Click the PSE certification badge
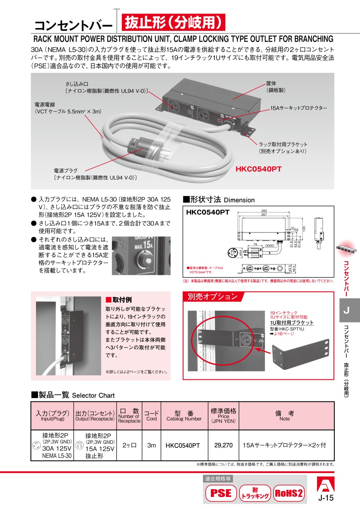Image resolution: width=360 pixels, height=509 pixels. tap(221, 492)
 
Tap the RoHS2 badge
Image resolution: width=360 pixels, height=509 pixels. tap(288, 493)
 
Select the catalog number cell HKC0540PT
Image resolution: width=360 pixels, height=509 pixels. tap(183, 445)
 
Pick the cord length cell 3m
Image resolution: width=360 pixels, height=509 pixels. tap(151, 445)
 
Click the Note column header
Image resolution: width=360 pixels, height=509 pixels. tap(285, 416)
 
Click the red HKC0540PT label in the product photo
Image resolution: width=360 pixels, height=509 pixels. tap(258, 169)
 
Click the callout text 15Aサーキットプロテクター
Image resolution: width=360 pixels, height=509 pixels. tap(298, 108)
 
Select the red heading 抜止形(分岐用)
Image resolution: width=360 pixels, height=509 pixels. tap(173, 23)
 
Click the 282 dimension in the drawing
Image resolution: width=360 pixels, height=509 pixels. tap(264, 210)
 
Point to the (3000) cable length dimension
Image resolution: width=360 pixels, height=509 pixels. tap(270, 245)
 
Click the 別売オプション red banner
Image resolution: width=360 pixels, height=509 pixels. tap(212, 297)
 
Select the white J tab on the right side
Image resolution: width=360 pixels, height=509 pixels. tap(346, 310)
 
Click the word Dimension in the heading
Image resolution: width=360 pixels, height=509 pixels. tap(239, 200)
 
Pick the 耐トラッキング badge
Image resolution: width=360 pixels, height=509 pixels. tap(255, 493)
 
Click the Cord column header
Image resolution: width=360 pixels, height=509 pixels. tap(151, 416)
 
